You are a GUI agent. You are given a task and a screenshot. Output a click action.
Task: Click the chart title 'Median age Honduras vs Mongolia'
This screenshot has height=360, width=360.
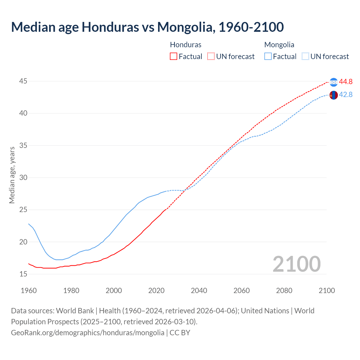coord(147,27)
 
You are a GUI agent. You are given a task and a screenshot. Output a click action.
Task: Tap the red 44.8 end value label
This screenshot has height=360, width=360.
coord(346,82)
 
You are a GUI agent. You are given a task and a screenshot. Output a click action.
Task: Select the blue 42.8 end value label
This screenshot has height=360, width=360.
coord(346,94)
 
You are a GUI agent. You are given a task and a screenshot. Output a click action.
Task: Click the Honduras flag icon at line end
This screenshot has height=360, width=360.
coord(334,82)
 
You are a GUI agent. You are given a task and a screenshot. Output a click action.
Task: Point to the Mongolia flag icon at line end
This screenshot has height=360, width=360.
coord(334,95)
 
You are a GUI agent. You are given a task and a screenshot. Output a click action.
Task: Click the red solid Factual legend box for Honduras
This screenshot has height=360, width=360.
coord(174,57)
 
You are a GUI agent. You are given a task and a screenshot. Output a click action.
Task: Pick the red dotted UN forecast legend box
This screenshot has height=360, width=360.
coord(211,57)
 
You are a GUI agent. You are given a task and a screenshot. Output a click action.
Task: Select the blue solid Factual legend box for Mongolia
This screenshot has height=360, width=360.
coord(268,57)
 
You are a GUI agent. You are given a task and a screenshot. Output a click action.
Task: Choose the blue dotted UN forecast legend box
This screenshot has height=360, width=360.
coord(305,57)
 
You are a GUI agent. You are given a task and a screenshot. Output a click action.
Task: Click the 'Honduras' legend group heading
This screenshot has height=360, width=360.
coord(186,45)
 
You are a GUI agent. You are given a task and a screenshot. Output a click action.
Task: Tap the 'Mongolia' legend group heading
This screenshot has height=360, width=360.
coord(279,45)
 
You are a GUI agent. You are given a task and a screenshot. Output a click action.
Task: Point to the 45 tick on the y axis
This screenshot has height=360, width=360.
coord(23,81)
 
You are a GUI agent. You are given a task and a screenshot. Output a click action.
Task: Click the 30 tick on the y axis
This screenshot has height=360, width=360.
coord(23,177)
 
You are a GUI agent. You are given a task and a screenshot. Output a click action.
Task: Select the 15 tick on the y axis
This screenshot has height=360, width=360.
coord(23,274)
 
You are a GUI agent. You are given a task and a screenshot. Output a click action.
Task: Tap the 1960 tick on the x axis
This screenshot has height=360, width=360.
coord(29,291)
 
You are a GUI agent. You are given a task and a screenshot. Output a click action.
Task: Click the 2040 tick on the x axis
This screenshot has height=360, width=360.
coord(199,291)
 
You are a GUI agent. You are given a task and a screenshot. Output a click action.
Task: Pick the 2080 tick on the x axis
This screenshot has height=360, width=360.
coord(284,291)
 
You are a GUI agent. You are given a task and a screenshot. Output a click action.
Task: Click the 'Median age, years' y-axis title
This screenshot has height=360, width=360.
coord(12,175)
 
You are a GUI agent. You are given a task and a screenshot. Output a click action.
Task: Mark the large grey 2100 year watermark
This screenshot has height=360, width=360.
coord(296,264)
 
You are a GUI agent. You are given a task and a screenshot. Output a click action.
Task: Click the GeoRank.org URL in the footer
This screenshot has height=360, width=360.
coord(87,333)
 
